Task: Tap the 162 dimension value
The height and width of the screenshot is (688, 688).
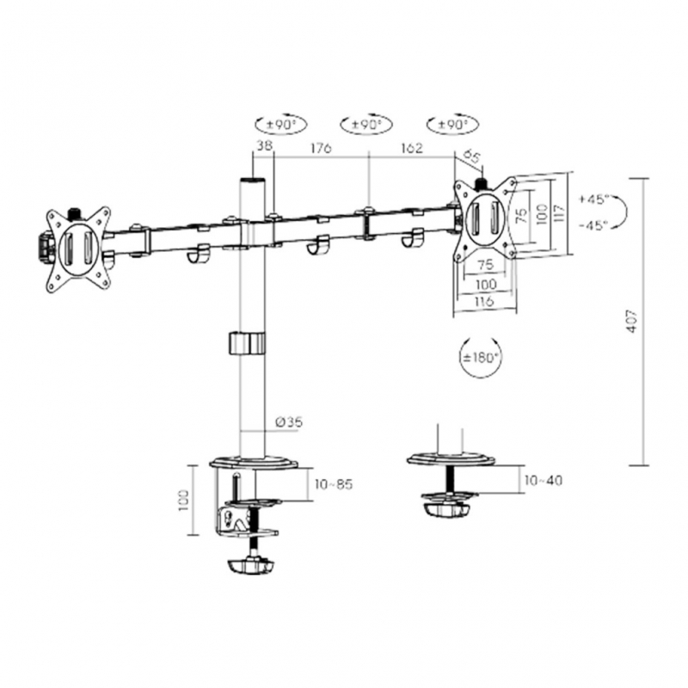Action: click(x=411, y=149)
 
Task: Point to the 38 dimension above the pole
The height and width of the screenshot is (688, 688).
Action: click(x=263, y=149)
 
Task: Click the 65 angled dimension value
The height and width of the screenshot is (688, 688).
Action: click(x=470, y=156)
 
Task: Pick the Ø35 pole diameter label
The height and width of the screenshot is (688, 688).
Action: click(x=288, y=421)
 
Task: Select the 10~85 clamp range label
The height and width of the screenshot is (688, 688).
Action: click(x=334, y=484)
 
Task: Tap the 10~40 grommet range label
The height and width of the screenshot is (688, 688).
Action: click(x=543, y=480)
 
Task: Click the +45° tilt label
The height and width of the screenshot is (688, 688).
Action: click(x=593, y=199)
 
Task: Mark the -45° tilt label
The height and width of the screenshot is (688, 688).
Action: click(x=593, y=224)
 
